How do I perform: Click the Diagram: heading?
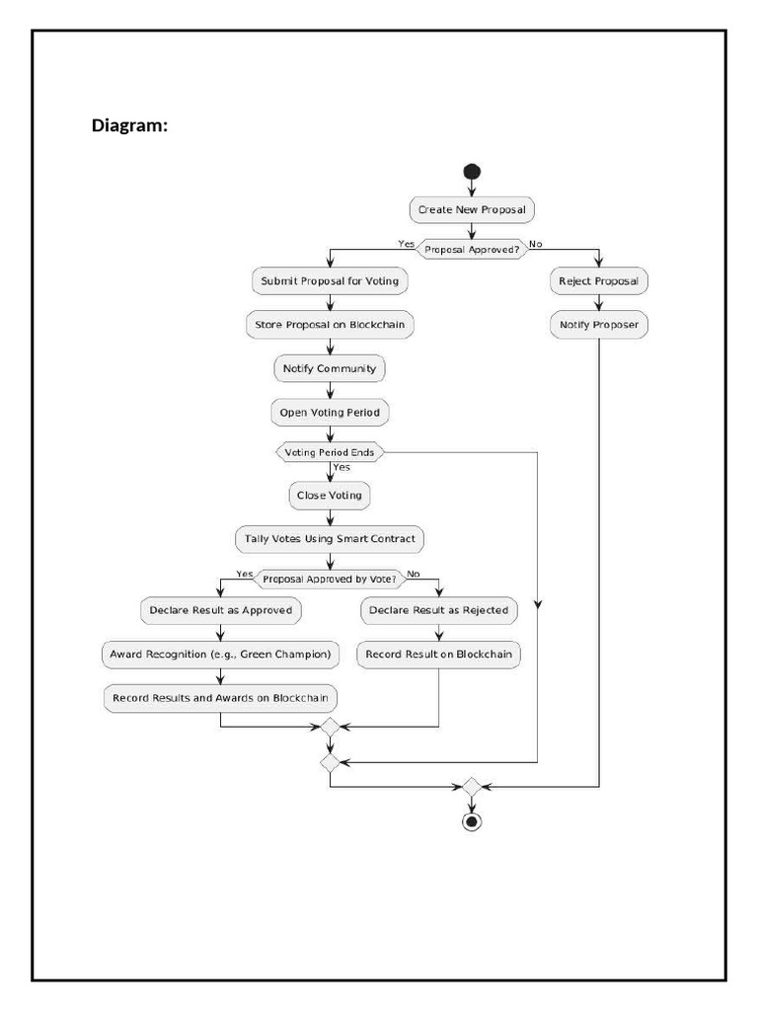(129, 125)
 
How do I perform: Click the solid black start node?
(472, 172)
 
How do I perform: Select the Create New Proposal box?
(472, 209)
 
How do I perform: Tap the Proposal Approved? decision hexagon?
(471, 249)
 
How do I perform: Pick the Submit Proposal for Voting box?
(330, 281)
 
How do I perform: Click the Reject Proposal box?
(598, 281)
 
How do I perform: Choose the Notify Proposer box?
(598, 325)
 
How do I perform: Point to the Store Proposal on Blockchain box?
(330, 325)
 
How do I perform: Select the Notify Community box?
(330, 368)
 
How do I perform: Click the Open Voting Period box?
(330, 412)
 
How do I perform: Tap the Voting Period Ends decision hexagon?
(330, 452)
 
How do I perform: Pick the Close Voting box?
(330, 496)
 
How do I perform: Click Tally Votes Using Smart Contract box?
(330, 539)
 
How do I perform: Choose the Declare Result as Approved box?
(220, 610)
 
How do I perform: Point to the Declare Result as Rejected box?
(438, 610)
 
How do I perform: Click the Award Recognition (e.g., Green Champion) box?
(220, 654)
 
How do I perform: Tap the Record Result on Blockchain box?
(438, 654)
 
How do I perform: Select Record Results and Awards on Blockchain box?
(220, 698)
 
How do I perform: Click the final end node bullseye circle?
(472, 821)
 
